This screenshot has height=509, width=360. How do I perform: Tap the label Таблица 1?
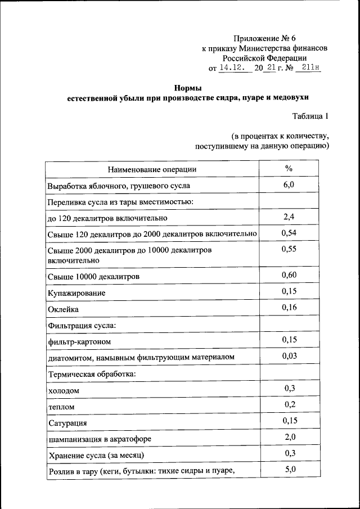[x=310, y=116]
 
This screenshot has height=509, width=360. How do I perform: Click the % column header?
[x=289, y=169]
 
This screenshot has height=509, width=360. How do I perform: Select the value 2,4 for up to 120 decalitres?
[x=289, y=217]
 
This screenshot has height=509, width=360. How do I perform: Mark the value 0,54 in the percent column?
[x=289, y=233]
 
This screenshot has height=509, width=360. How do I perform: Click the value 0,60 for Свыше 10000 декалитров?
[x=289, y=275]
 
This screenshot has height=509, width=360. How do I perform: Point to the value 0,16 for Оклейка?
[x=289, y=307]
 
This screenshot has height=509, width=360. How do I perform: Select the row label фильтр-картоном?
[x=79, y=341]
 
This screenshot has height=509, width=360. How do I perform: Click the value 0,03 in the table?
[x=289, y=356]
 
